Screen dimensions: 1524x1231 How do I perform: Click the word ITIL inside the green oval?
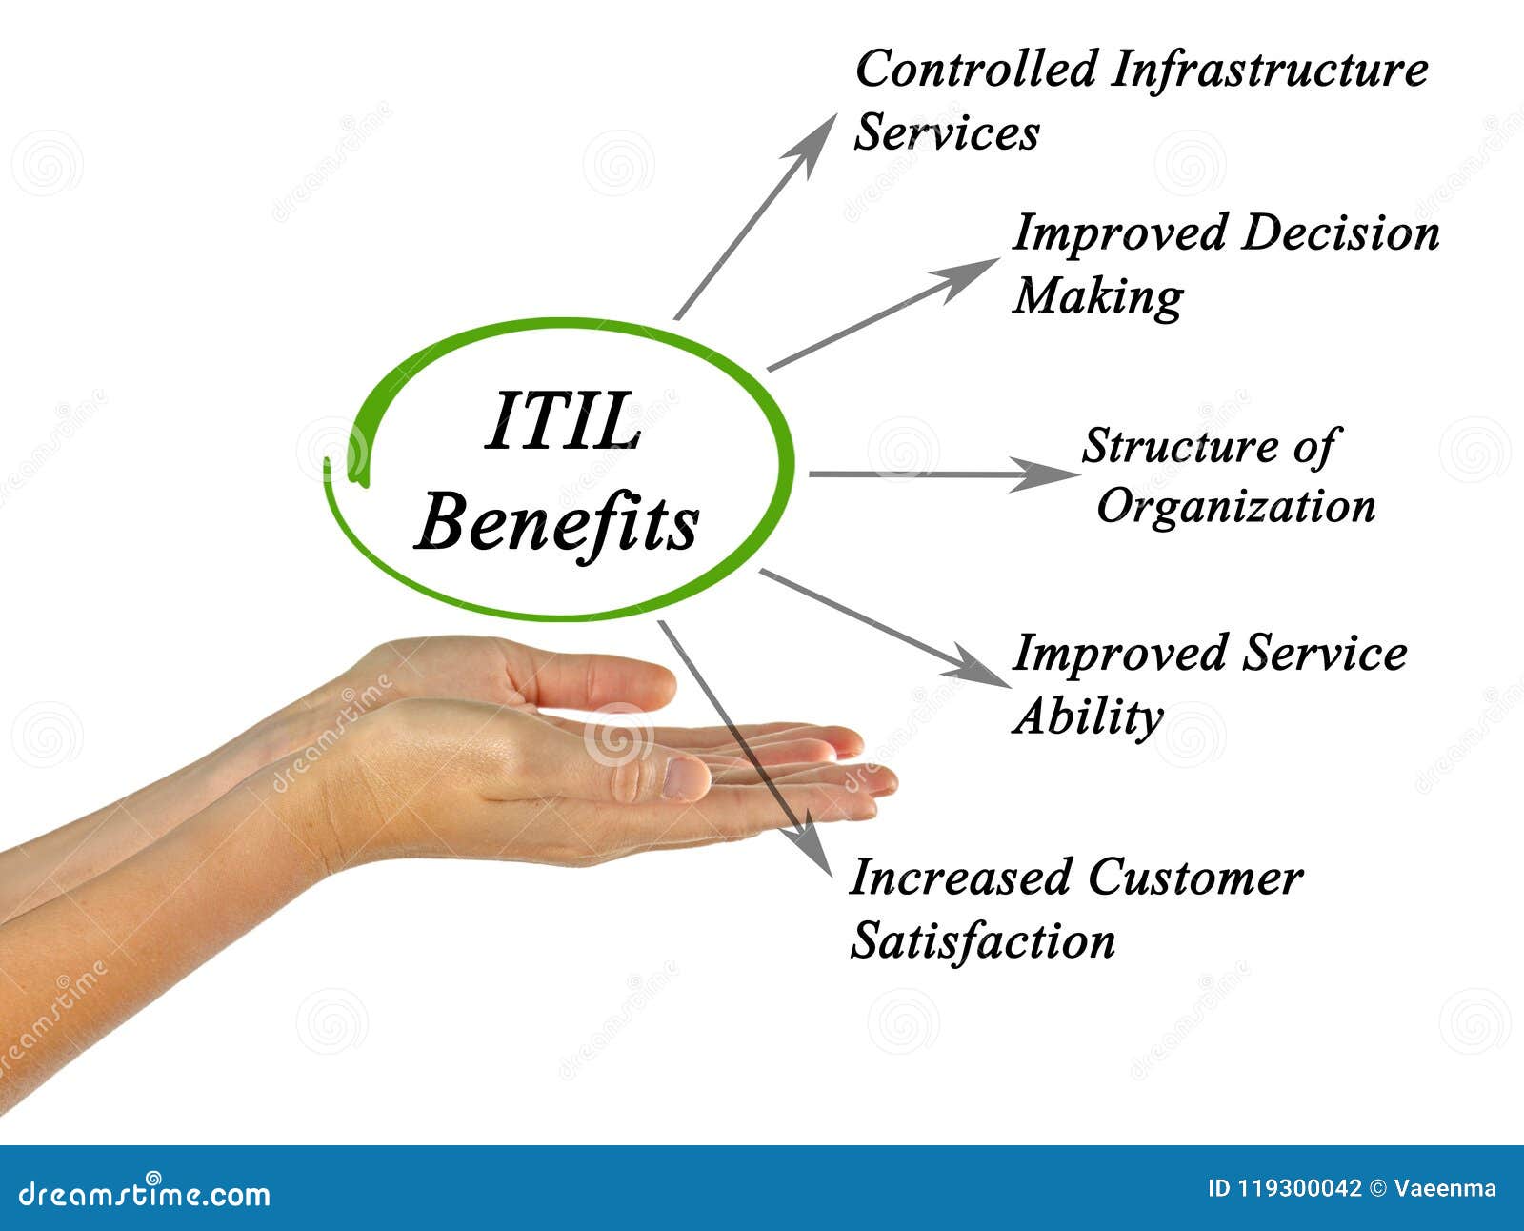pos(563,421)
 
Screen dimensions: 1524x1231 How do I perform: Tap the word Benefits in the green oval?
pos(556,524)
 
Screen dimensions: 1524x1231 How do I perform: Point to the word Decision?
pos(1340,232)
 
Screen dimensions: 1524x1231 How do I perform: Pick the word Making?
pos(1098,296)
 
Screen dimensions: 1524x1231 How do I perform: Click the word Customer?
pos(1194,878)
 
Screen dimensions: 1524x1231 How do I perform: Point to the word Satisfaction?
pos(983,940)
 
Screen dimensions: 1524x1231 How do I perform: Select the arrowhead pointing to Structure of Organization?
pos(1045,474)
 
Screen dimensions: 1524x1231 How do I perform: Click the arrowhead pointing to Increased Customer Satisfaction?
pos(812,844)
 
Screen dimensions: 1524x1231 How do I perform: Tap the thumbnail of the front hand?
pos(686,778)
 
